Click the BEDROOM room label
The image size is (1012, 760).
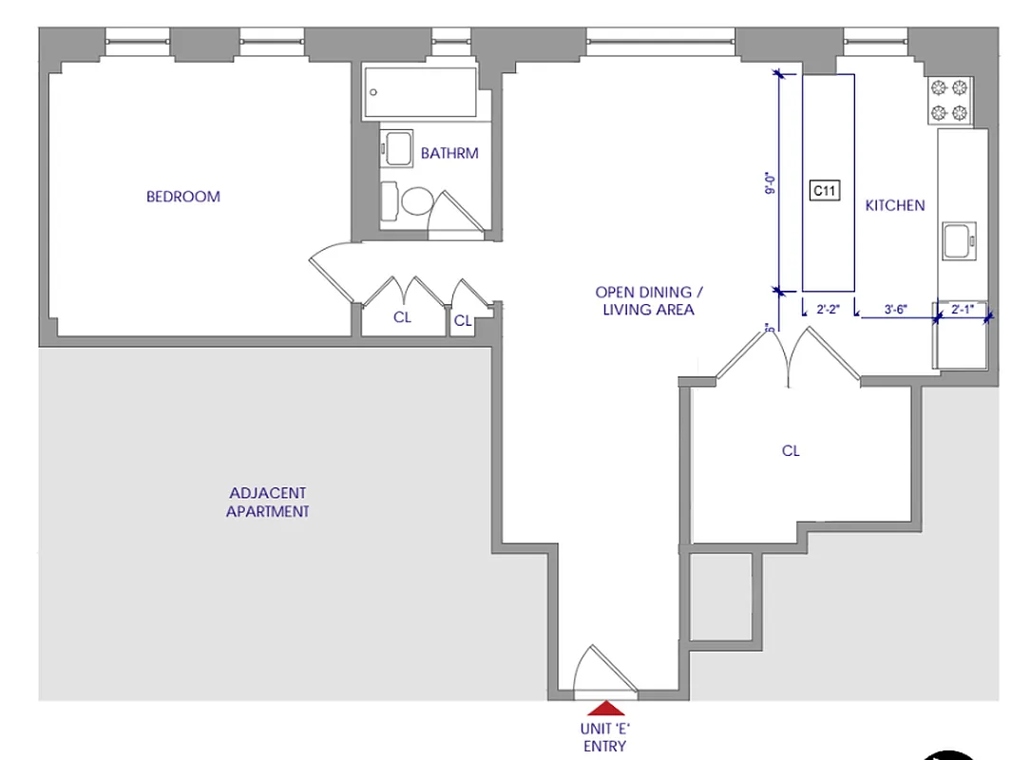[182, 197]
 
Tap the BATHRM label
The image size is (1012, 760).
[449, 153]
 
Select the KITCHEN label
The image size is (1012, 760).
[894, 205]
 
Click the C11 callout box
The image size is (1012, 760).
[824, 191]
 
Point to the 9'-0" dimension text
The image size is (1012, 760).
[771, 182]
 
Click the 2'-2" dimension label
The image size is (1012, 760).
[829, 308]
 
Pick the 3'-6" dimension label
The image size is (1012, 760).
[895, 308]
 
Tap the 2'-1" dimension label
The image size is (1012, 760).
[963, 308]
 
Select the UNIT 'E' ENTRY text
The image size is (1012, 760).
[604, 737]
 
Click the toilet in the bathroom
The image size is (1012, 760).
[416, 201]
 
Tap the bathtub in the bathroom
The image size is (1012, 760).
[418, 92]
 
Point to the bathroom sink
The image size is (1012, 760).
[396, 148]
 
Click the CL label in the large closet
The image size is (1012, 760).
[791, 451]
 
